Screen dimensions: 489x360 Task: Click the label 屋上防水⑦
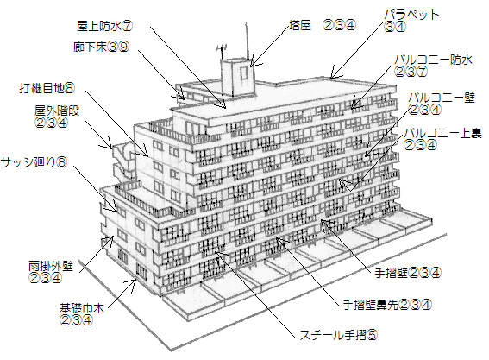coord(105,26)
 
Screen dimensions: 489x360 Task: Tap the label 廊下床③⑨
coord(102,47)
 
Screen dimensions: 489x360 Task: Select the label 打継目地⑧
coord(47,88)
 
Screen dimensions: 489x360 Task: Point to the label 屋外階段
coord(57,111)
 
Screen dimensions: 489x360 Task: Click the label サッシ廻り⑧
coord(34,162)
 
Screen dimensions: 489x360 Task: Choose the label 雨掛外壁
coord(51,266)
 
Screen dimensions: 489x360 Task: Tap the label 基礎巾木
coord(82,309)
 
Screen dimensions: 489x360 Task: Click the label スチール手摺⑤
coord(339,335)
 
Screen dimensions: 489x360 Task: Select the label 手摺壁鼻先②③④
coord(387,305)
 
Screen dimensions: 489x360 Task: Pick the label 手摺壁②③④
coord(408,273)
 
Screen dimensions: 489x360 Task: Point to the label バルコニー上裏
coord(442,133)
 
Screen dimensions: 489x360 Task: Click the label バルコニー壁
coord(442,98)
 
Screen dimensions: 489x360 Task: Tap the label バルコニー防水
coord(434,60)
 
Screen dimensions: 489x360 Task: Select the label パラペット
coord(411,15)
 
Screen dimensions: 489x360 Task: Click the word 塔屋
coord(300,25)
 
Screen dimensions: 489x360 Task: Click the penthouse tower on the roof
coord(238,77)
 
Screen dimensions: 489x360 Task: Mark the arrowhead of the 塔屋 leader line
coord(253,62)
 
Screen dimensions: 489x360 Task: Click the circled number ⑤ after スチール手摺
coord(372,335)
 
